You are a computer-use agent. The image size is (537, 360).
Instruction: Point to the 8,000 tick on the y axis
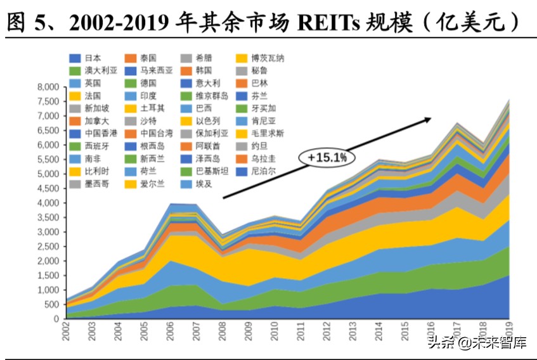tap(48, 87)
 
